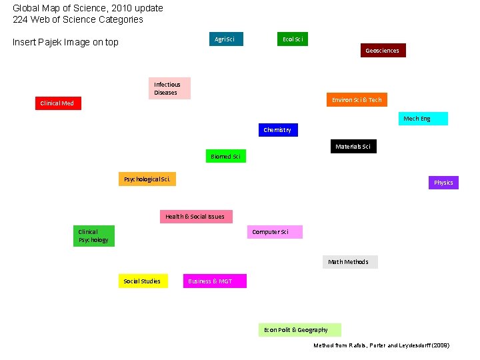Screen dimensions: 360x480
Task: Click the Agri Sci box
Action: tap(226, 39)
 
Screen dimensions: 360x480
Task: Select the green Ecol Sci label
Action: tap(293, 39)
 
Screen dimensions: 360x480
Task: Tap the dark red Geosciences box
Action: tap(383, 51)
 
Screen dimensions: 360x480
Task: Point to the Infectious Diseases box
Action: tap(169, 89)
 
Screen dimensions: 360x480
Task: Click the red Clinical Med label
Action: tap(58, 103)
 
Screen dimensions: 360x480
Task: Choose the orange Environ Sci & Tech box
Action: tap(357, 100)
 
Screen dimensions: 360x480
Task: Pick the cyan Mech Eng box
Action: tap(423, 119)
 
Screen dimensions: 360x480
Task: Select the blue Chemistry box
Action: tap(277, 130)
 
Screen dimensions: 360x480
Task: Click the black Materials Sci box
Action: tap(353, 147)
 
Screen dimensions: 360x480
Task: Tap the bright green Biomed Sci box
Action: tap(225, 157)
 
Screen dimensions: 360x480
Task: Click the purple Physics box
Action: tap(443, 183)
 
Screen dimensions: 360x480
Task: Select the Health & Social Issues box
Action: tap(196, 217)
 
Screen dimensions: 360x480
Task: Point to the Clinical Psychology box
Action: tap(93, 236)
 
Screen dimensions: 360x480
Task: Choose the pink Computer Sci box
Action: tap(275, 232)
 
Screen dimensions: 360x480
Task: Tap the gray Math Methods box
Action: tap(350, 262)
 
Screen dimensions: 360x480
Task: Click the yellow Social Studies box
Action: tap(143, 281)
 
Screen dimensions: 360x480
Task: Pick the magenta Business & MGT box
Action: tap(215, 281)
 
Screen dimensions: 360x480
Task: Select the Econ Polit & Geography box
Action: tap(299, 330)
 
